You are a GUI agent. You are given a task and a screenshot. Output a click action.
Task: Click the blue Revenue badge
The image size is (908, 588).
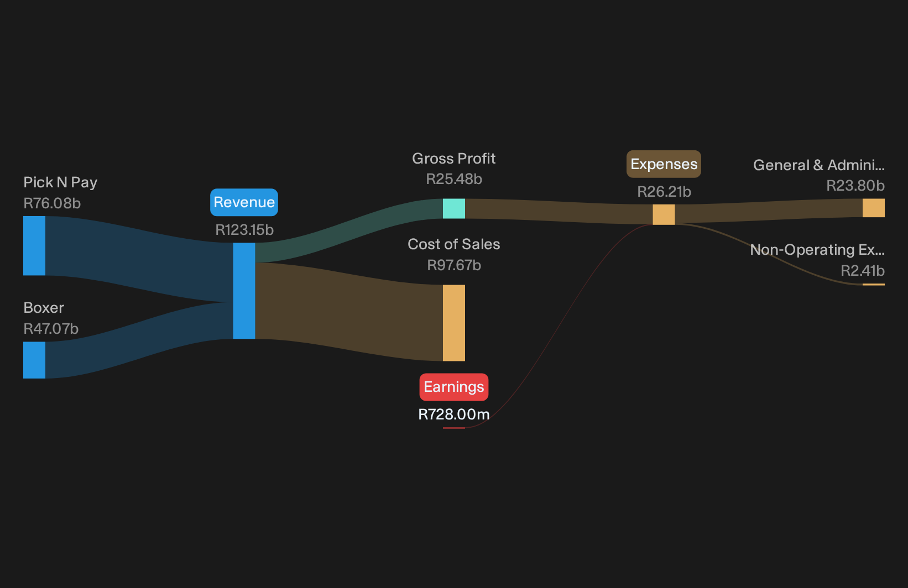(244, 202)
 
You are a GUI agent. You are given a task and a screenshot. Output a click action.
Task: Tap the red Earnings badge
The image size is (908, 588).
(454, 387)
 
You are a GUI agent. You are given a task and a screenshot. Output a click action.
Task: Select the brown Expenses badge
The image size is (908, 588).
(664, 164)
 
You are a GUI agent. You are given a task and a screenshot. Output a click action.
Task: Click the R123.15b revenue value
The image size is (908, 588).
(244, 230)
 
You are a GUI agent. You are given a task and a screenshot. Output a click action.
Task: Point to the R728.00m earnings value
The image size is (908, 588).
(454, 414)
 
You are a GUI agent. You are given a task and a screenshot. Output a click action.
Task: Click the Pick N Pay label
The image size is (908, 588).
(60, 182)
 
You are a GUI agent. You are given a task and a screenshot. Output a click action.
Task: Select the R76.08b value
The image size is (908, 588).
(52, 203)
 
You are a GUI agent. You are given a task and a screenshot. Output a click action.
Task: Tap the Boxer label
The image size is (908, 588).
(44, 308)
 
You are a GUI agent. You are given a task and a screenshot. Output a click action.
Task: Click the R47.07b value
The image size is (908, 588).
(51, 329)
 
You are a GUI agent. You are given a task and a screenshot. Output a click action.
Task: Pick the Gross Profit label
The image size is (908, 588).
(454, 159)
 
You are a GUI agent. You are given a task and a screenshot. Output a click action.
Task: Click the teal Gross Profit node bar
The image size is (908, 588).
(454, 209)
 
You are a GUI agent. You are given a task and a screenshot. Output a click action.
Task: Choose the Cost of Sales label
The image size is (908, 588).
(454, 244)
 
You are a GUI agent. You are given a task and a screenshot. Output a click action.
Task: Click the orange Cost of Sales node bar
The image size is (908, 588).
(454, 323)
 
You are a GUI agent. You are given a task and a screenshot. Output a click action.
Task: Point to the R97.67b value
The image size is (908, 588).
(454, 265)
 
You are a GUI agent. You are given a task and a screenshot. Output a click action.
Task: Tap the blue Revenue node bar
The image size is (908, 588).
(244, 291)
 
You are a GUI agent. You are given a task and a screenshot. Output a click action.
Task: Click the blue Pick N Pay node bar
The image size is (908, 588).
(34, 245)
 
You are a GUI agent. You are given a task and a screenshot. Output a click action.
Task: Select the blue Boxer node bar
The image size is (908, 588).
(34, 360)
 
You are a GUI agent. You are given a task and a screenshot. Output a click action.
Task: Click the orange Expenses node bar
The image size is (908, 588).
(664, 215)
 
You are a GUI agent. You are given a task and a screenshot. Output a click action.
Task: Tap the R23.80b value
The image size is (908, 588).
(855, 186)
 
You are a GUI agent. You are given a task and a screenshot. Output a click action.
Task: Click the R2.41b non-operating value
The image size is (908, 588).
(863, 271)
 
